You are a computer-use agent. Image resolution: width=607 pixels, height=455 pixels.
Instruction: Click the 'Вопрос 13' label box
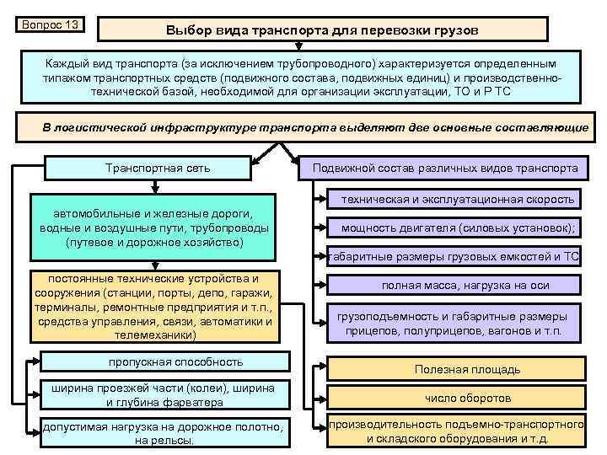click(49, 24)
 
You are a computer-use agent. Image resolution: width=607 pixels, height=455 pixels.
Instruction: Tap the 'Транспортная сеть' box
click(158, 168)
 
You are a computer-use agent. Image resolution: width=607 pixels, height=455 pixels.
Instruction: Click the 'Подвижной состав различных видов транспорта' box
click(445, 169)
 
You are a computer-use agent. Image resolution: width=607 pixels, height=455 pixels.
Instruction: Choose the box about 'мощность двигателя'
click(459, 227)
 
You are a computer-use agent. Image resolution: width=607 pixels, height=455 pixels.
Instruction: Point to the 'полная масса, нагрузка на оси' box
click(465, 286)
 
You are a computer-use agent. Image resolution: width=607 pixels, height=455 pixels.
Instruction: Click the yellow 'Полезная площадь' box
click(467, 369)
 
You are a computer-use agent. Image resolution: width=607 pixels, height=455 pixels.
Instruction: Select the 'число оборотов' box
click(467, 399)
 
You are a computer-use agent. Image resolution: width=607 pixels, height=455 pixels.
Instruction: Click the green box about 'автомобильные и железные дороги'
click(154, 227)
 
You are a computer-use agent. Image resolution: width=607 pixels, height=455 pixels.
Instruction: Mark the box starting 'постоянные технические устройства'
click(154, 306)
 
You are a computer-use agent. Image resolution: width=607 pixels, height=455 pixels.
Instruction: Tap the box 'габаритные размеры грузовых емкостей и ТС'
click(454, 257)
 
